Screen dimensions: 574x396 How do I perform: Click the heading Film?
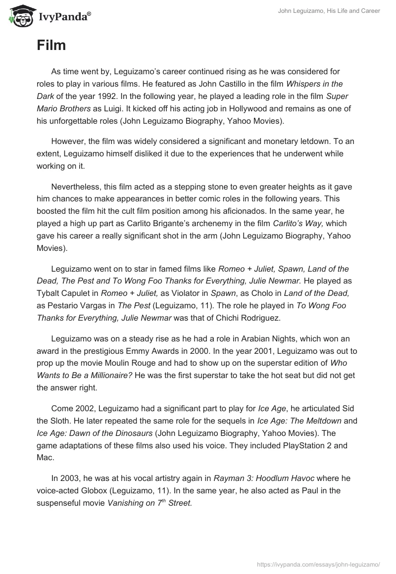click(x=51, y=46)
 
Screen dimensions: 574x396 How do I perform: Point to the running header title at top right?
click(x=328, y=11)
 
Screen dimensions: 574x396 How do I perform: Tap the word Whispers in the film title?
click(x=302, y=84)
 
